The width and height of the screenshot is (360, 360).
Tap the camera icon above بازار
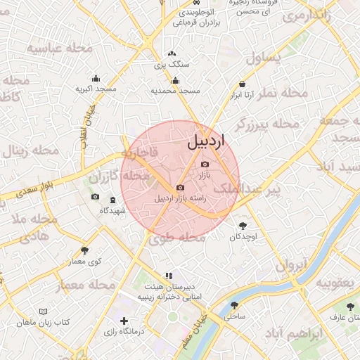click(205, 164)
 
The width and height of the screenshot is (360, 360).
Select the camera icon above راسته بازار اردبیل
click(181, 188)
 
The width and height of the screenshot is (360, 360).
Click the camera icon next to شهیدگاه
click(96, 197)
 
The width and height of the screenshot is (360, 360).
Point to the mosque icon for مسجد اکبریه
click(96, 79)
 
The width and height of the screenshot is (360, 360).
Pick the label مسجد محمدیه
click(176, 91)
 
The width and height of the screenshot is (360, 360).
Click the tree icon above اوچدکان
click(243, 226)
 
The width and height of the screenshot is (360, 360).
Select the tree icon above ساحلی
click(234, 305)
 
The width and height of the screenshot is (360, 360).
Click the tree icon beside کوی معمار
click(84, 250)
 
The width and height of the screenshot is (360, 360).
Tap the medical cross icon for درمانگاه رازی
click(124, 321)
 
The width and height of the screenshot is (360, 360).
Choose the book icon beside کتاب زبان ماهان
click(44, 311)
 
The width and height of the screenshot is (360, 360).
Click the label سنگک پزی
click(172, 65)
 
